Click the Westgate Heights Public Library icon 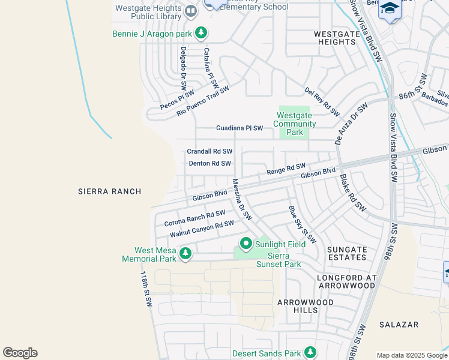tap(191, 11)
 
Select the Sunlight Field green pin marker tap(246, 244)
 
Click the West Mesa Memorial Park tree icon tap(185, 253)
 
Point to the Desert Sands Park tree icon tap(310, 352)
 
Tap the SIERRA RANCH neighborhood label tap(110, 191)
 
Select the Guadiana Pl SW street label tap(240, 128)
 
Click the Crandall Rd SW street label tap(209, 152)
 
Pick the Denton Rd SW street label tap(209, 163)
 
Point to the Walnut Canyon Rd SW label tap(201, 229)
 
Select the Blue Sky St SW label tap(302, 224)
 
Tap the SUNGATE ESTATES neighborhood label tap(346, 253)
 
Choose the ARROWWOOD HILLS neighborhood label tap(306, 306)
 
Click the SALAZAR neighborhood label tap(399, 325)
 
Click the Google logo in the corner tap(20, 353)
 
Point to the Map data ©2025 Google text tap(411, 355)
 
